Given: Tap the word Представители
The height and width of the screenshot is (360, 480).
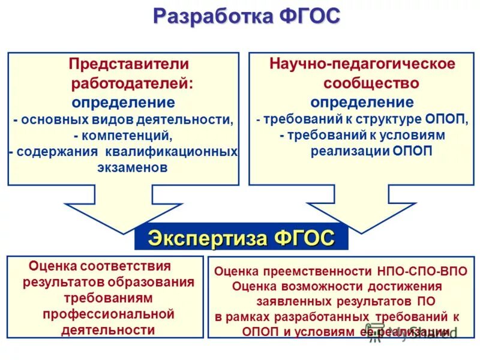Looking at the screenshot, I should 129,64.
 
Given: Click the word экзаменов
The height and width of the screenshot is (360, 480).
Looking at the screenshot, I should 132,167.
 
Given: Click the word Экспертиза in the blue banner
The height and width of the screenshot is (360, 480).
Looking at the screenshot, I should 208,238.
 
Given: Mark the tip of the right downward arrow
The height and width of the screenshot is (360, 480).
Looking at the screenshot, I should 359,232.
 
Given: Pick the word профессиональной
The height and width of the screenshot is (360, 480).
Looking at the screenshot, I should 108,314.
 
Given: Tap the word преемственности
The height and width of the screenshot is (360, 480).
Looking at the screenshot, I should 311,271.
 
